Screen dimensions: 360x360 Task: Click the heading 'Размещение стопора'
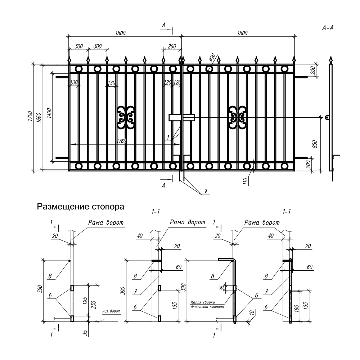click(80, 207)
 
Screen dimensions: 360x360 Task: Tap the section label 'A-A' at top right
click(328, 28)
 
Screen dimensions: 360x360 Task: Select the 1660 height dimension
click(39, 118)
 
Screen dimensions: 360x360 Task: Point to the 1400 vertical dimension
click(49, 113)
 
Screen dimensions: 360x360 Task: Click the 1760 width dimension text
click(122, 141)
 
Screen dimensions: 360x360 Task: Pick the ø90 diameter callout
click(212, 57)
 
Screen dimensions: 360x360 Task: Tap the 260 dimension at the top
click(172, 46)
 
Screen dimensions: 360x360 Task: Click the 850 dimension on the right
click(315, 144)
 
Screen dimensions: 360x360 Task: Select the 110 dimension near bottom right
click(245, 181)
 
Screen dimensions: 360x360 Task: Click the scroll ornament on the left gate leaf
click(126, 118)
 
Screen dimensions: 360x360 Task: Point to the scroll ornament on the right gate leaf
click(237, 118)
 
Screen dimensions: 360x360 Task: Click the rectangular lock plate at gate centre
click(181, 118)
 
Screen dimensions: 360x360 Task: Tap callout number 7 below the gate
click(206, 191)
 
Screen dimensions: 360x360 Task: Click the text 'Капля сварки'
click(203, 302)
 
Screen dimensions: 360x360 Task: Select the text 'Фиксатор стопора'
click(207, 307)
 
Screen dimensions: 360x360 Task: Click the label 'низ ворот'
click(112, 311)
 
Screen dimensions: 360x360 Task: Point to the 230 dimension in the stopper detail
click(94, 305)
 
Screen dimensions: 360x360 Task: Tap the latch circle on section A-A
click(327, 118)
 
